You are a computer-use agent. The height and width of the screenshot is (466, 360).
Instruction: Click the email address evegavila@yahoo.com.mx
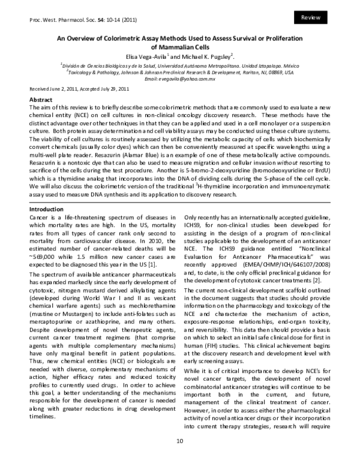pos(181,78)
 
